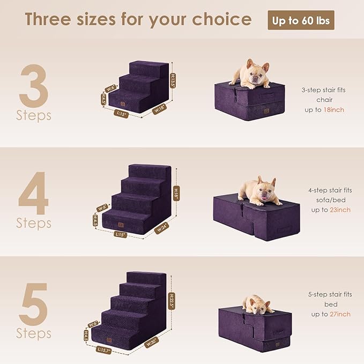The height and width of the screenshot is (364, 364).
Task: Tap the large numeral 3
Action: coord(34,86)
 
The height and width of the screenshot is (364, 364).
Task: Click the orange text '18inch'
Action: coord(334,109)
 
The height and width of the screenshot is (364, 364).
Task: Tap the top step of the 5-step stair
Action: coord(146,278)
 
